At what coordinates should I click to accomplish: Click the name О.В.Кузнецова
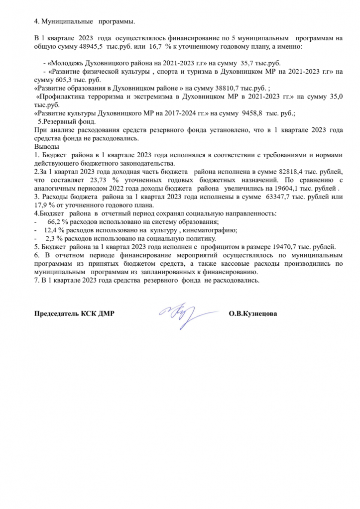click(253, 314)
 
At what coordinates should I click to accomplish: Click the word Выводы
click(46, 147)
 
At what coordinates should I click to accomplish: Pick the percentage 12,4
click(53, 231)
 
